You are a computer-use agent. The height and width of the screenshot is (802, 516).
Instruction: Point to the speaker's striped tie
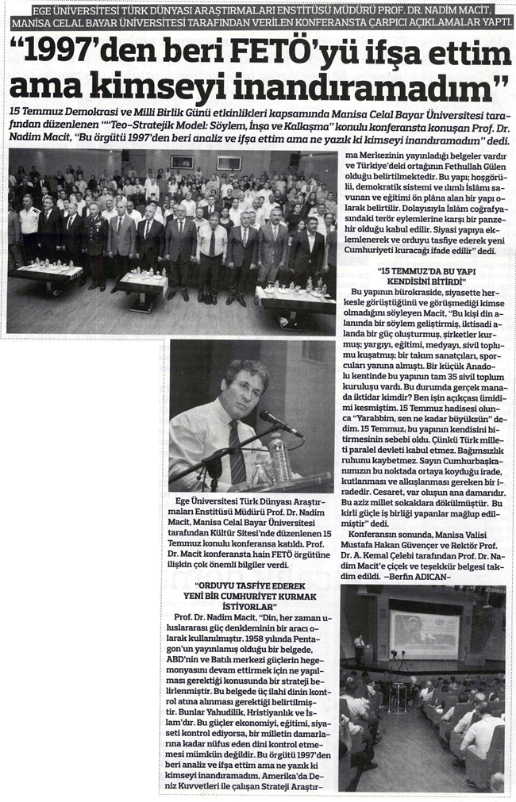point(237,452)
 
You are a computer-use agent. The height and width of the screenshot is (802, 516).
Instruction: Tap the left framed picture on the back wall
point(182,161)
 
